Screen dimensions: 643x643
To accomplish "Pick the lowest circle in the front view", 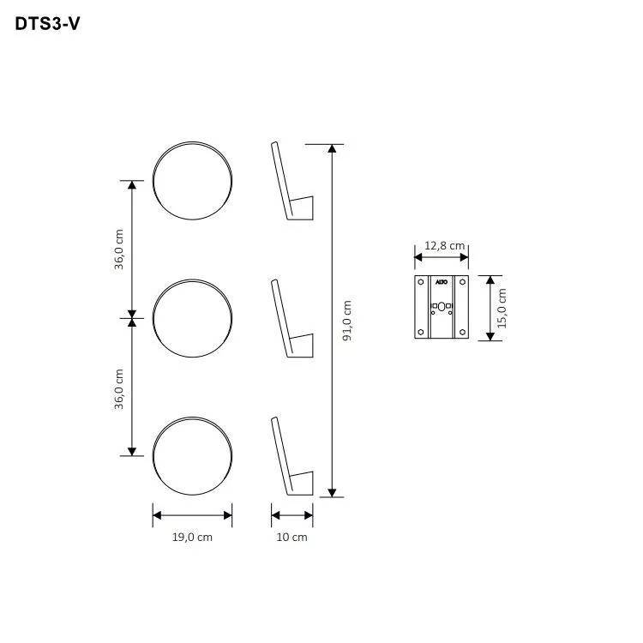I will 192,455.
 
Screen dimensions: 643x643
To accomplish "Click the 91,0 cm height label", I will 346,321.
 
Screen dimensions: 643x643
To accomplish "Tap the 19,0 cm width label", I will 192,538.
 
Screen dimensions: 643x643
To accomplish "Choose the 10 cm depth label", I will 292,538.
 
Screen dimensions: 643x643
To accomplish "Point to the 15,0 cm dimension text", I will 502,309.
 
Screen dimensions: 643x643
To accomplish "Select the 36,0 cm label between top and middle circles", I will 119,249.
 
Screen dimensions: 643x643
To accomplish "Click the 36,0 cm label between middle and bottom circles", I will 119,388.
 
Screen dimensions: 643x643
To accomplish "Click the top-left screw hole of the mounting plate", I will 420,281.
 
